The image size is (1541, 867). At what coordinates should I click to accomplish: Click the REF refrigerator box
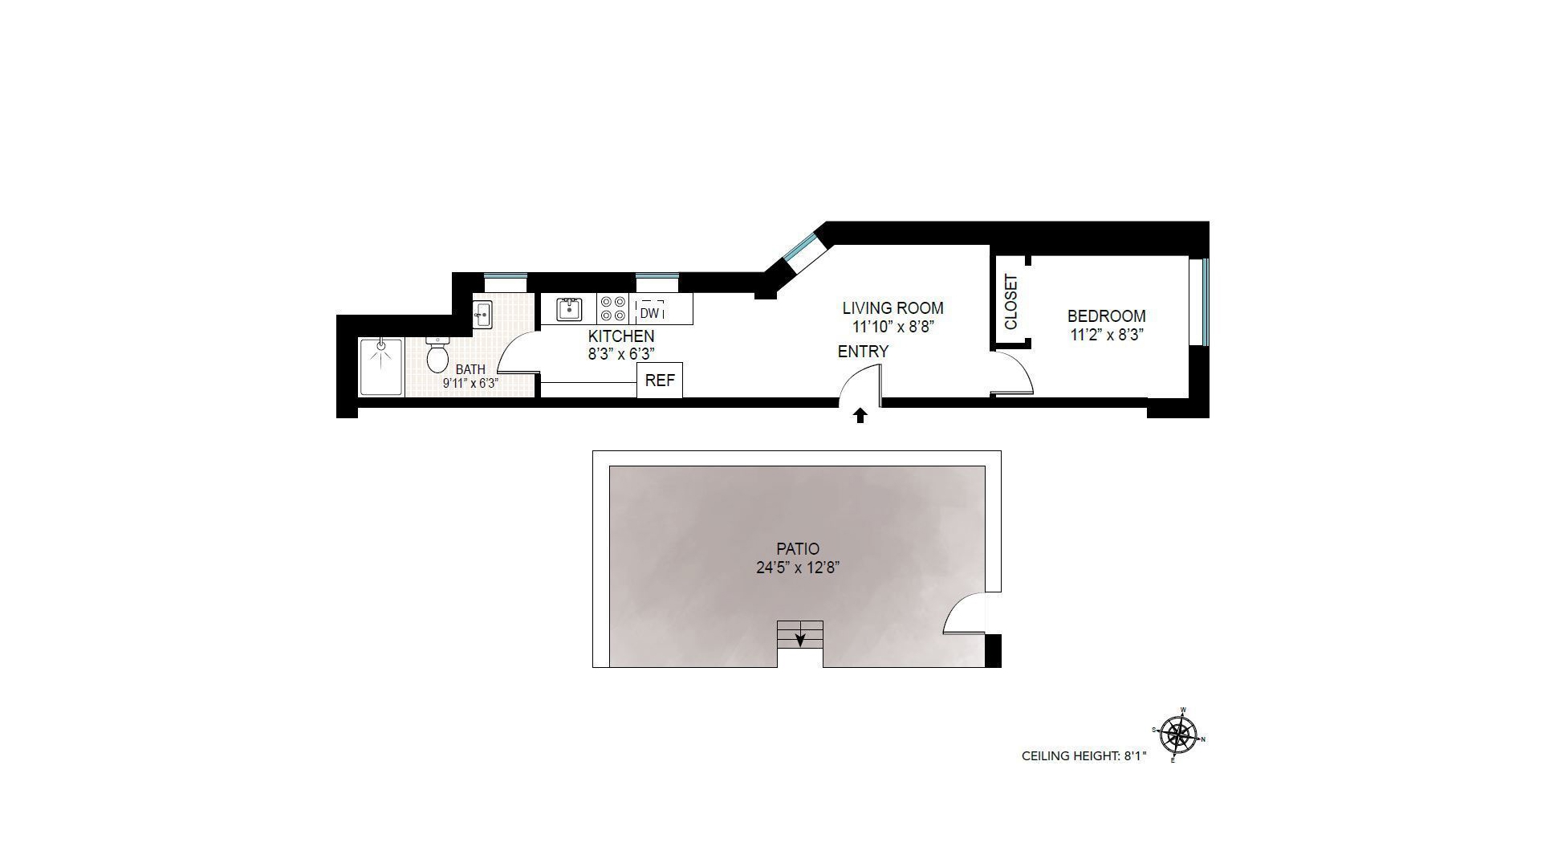[660, 381]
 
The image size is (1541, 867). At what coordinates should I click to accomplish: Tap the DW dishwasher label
[650, 313]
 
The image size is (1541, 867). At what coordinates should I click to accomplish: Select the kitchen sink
[569, 308]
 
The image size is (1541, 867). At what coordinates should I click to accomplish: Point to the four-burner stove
[613, 309]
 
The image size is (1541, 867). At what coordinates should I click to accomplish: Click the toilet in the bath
[437, 356]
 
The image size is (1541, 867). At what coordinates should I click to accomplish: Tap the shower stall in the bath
[381, 366]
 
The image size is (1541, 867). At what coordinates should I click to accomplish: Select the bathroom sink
[482, 313]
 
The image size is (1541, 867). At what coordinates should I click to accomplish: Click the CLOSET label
[1010, 302]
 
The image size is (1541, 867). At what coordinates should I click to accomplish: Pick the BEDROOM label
[1106, 316]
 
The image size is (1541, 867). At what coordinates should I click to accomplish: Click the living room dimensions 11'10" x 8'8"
[893, 327]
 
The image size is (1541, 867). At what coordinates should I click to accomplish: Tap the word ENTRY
[863, 352]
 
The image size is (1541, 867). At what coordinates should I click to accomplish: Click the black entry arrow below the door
[860, 415]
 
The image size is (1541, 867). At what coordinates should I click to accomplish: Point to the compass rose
[1178, 735]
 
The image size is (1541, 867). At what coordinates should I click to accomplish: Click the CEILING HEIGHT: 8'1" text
[1084, 756]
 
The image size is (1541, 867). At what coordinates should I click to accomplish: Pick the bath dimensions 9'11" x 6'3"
[471, 384]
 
